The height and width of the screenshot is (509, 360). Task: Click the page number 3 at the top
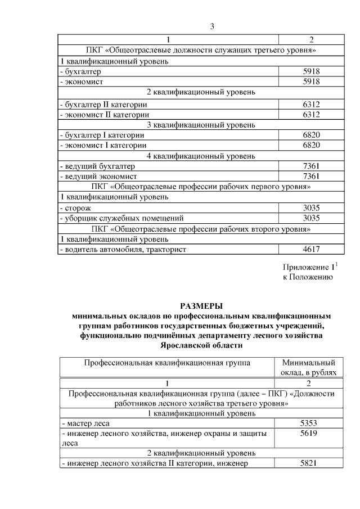212,26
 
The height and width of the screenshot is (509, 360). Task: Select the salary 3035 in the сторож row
311,208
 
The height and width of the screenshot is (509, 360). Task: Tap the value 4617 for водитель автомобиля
311,249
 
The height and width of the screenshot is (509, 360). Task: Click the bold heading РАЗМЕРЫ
201,306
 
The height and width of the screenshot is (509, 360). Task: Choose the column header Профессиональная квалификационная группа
167,363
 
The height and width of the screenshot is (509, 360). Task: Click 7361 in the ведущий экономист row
311,177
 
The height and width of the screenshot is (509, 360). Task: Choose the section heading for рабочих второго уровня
201,228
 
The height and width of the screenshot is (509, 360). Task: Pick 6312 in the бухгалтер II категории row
311,104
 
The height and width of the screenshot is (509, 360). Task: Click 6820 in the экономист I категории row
311,145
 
